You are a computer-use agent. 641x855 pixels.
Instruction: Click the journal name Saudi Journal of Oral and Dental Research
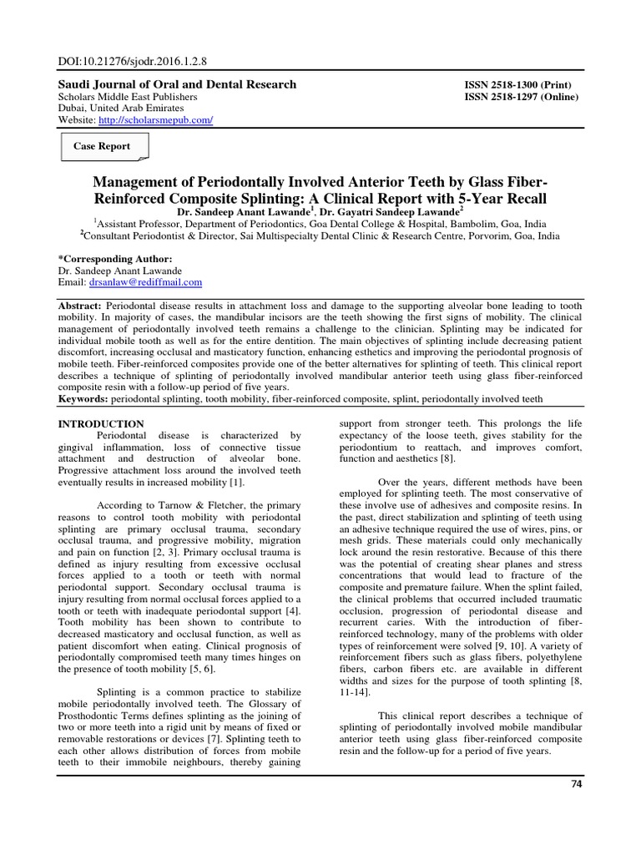click(175, 84)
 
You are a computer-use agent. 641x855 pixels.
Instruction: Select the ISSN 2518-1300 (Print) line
click(517, 85)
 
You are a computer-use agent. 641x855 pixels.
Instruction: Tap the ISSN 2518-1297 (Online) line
click(521, 97)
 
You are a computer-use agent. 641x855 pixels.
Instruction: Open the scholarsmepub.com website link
click(155, 120)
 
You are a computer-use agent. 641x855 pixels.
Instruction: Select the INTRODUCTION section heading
click(100, 424)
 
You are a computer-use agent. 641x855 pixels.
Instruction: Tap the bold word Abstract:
click(78, 306)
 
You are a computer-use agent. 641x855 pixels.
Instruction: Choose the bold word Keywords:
click(83, 399)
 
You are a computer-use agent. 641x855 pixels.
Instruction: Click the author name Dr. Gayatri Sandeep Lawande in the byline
click(394, 214)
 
